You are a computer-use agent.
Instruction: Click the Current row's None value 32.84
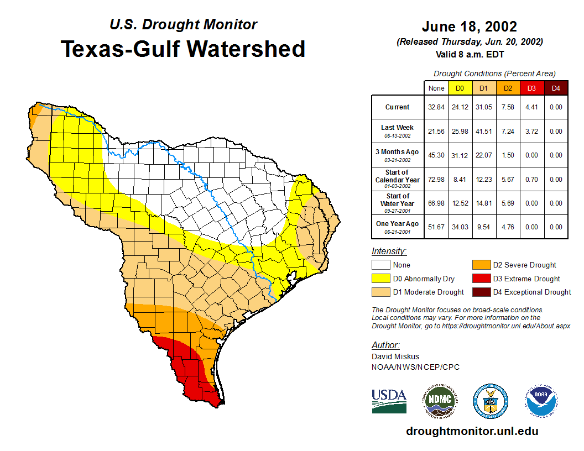click(x=436, y=107)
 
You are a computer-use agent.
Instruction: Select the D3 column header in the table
click(x=531, y=88)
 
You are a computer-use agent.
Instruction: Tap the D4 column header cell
click(x=556, y=88)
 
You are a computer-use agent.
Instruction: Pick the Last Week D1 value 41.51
click(x=484, y=132)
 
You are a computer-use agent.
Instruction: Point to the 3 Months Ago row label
click(x=397, y=155)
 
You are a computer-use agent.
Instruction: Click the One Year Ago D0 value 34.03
click(x=460, y=227)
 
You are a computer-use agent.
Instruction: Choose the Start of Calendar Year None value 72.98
click(x=436, y=179)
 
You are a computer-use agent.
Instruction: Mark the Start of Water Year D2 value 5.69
click(x=508, y=203)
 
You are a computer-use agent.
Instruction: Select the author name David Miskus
click(x=395, y=356)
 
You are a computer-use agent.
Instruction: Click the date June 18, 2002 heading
click(x=470, y=27)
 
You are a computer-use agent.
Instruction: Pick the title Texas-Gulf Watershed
click(x=182, y=49)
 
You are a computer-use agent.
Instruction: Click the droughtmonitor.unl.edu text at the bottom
click(x=472, y=431)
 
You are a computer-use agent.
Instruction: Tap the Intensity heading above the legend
click(x=389, y=251)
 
